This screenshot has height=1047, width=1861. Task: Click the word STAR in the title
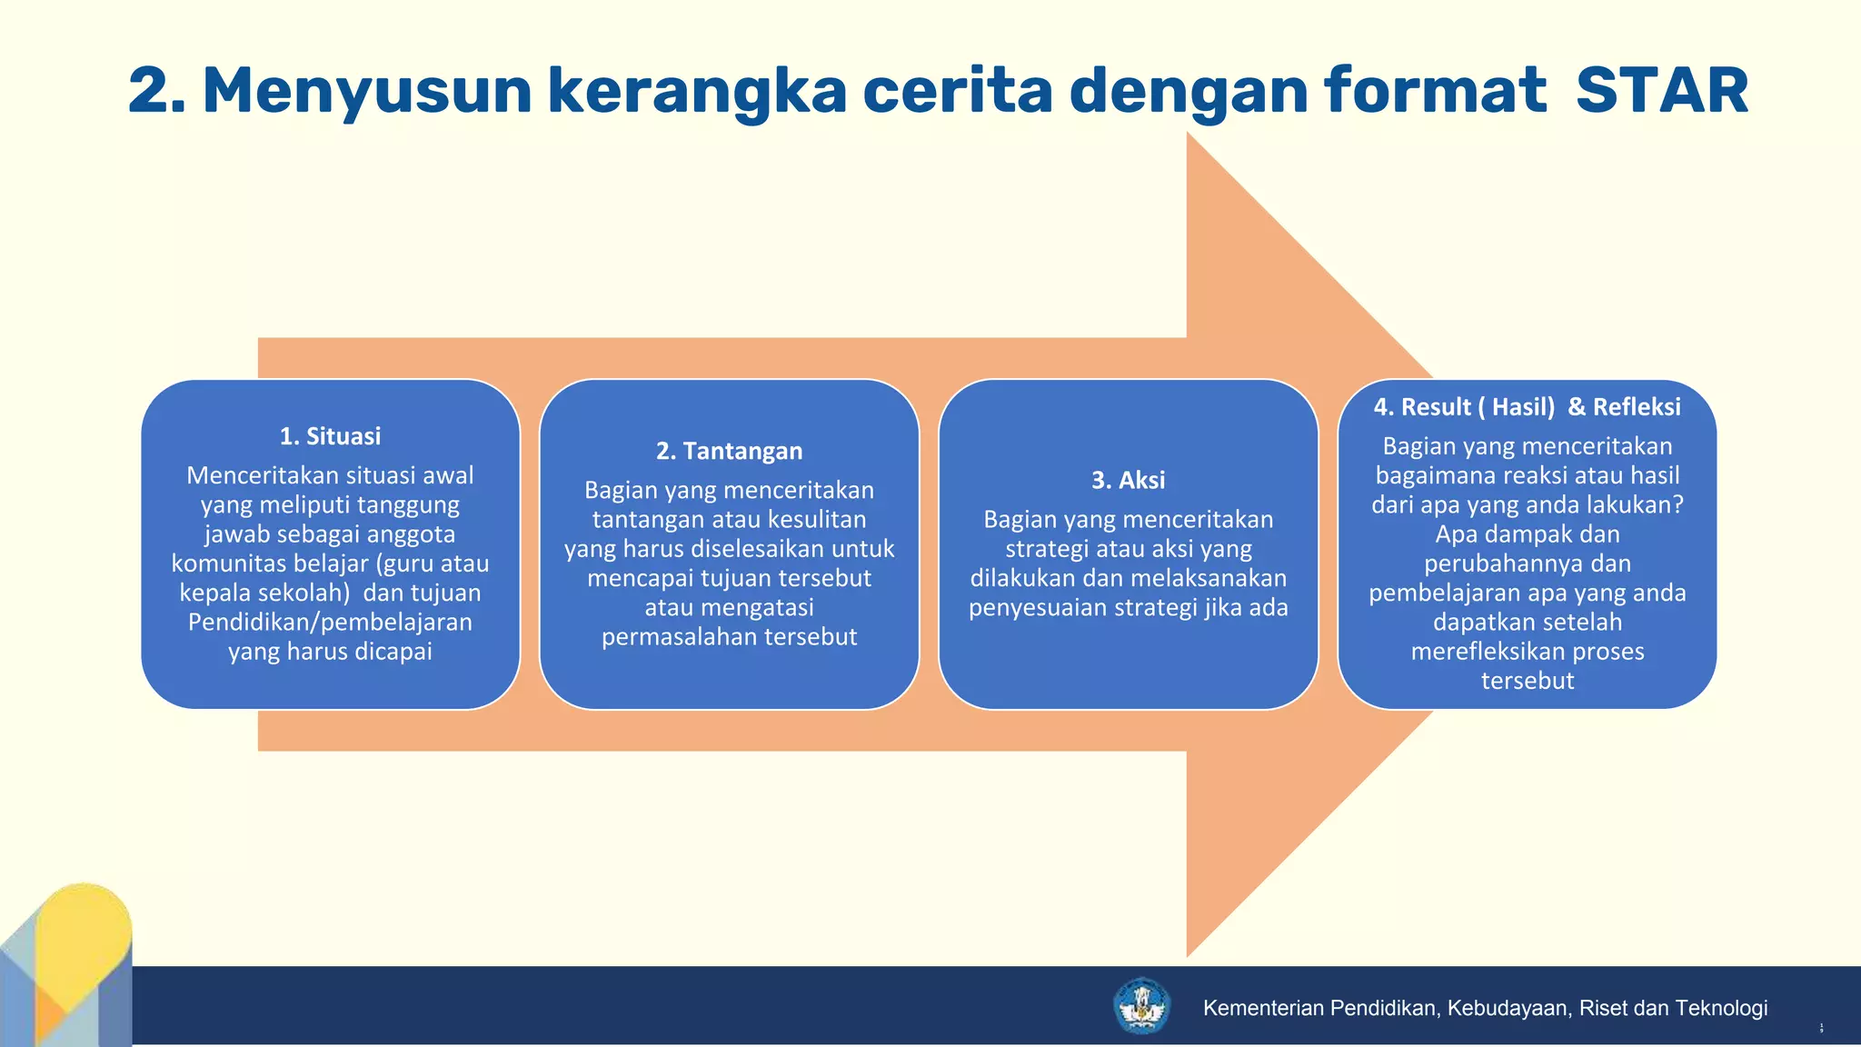click(1661, 91)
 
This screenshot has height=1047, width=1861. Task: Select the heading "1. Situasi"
click(330, 436)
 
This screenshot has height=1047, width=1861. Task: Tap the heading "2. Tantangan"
click(729, 451)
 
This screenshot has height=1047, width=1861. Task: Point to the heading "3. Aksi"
click(1128, 480)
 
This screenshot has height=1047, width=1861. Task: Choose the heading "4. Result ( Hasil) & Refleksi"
click(1527, 406)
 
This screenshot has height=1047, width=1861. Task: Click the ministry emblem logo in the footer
click(1141, 1006)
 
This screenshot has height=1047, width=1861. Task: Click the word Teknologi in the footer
click(1721, 1008)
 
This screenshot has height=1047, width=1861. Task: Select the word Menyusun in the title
click(366, 91)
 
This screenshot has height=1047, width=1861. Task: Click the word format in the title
click(1435, 91)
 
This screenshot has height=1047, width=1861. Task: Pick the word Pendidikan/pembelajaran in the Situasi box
click(330, 623)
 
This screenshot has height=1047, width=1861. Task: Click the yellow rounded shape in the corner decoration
click(86, 927)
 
